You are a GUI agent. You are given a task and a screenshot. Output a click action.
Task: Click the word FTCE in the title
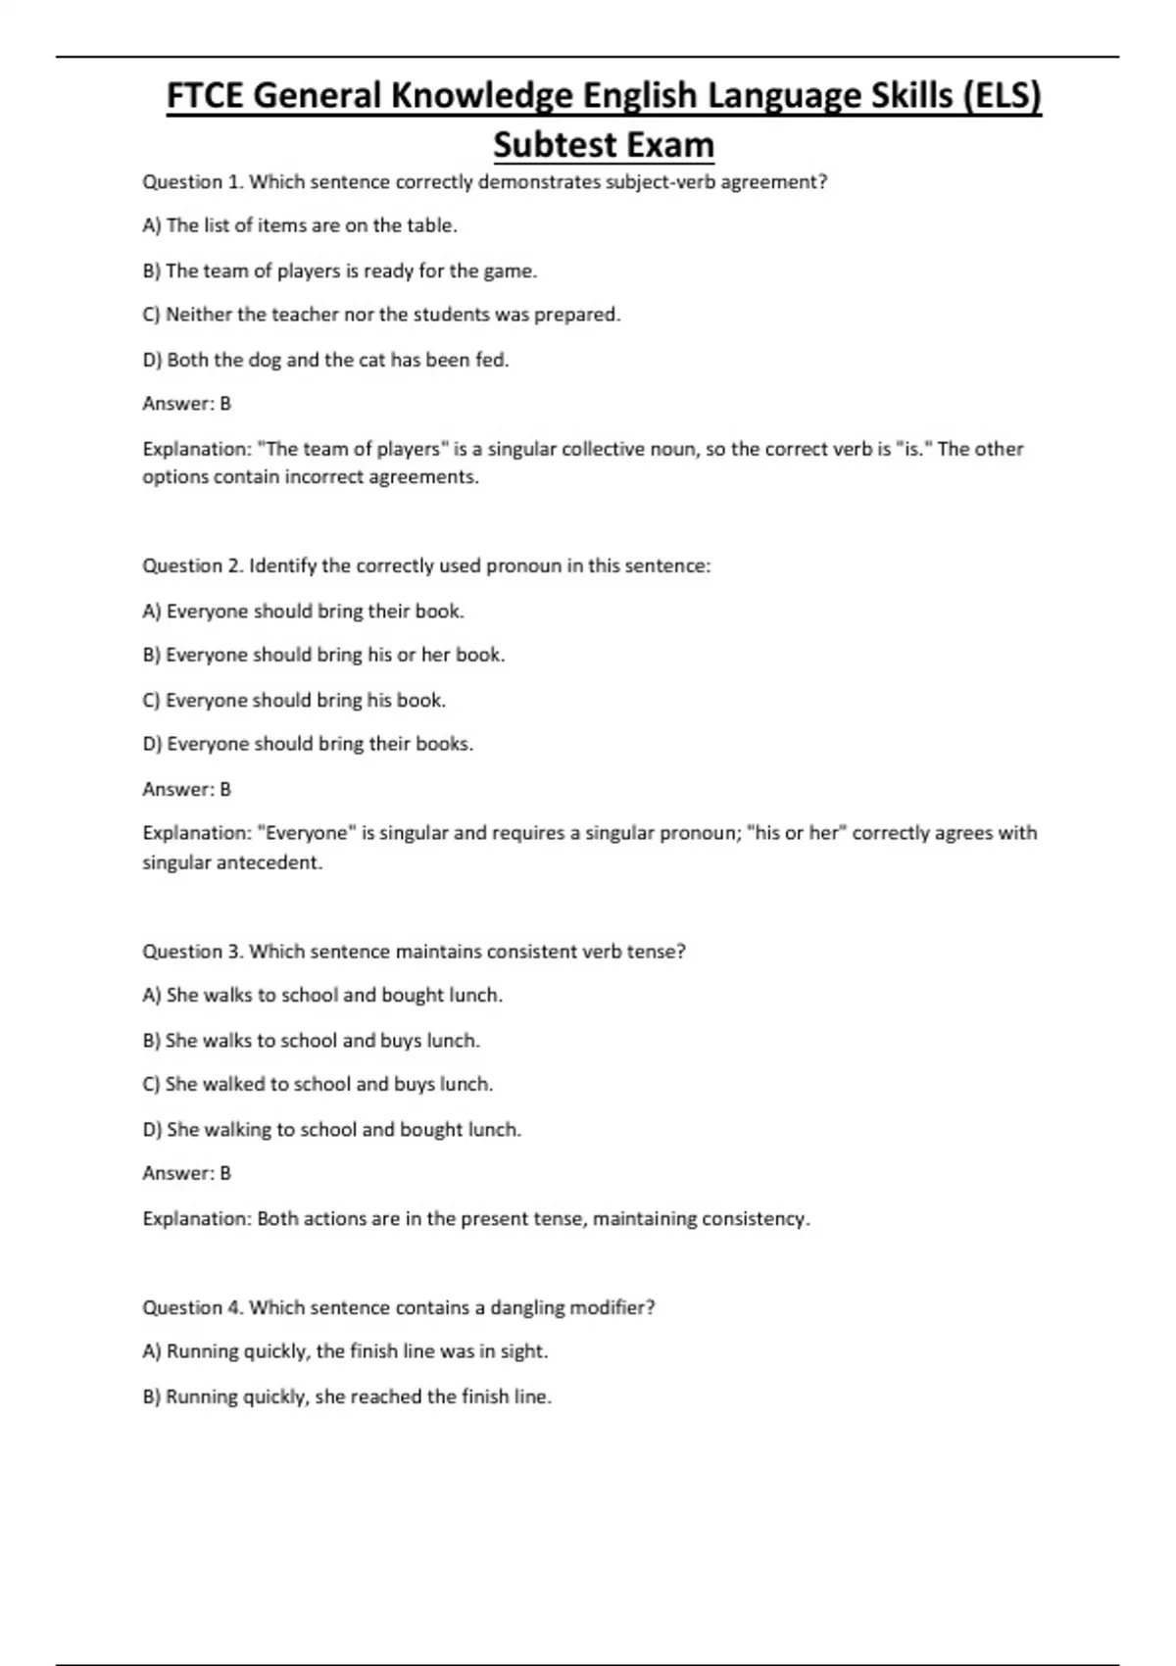pyautogui.click(x=205, y=96)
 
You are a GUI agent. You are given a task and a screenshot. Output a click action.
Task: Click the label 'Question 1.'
pyautogui.click(x=192, y=181)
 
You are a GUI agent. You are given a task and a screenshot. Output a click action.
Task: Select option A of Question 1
pyautogui.click(x=300, y=225)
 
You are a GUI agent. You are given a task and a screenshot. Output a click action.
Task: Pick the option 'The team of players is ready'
pyautogui.click(x=340, y=270)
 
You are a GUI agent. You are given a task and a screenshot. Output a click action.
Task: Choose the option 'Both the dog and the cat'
pyautogui.click(x=326, y=360)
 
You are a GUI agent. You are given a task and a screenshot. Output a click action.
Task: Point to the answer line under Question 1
pyautogui.click(x=186, y=404)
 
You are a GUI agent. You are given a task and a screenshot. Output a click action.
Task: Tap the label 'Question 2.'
pyautogui.click(x=192, y=565)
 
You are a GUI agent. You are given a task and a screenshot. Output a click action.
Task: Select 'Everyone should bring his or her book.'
pyautogui.click(x=324, y=655)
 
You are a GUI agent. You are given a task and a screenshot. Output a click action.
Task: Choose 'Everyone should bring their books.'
pyautogui.click(x=309, y=744)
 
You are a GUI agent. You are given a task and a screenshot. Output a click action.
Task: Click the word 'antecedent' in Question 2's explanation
pyautogui.click(x=273, y=863)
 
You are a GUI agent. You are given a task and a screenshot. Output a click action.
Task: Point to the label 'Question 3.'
pyautogui.click(x=192, y=952)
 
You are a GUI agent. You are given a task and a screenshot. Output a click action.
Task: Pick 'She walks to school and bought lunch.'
pyautogui.click(x=322, y=996)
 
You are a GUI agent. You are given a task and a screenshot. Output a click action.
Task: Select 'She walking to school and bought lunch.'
pyautogui.click(x=332, y=1130)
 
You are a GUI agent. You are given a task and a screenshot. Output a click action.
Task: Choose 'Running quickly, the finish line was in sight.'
pyautogui.click(x=346, y=1351)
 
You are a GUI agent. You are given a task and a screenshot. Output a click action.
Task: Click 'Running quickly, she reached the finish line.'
pyautogui.click(x=348, y=1396)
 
